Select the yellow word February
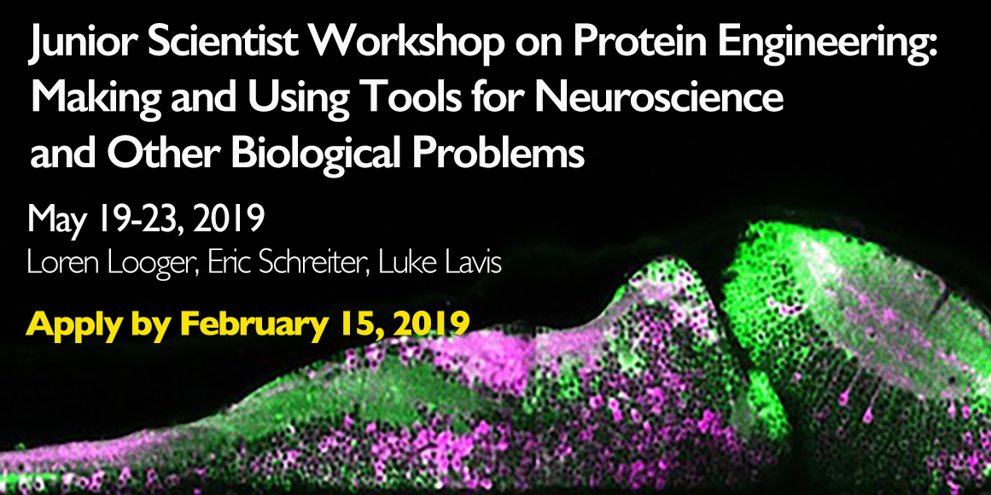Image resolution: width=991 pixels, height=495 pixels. pyautogui.click(x=259, y=324)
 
